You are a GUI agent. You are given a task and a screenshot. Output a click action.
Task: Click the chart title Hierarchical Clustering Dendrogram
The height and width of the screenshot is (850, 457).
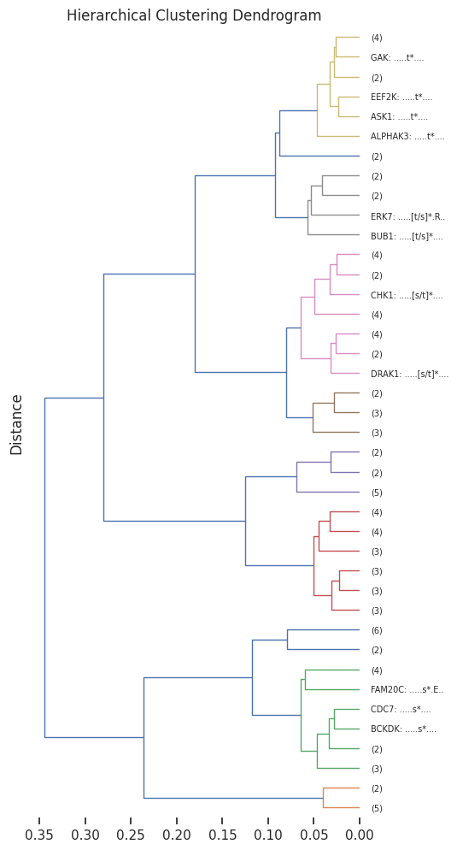194,15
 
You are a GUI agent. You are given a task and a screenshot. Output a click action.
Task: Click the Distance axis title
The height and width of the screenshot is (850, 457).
16,425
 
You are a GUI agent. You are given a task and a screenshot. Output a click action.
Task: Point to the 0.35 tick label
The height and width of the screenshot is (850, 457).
39,835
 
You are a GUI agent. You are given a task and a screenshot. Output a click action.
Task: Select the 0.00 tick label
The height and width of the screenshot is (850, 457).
360,835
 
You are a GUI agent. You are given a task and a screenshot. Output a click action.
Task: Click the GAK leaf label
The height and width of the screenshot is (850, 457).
397,57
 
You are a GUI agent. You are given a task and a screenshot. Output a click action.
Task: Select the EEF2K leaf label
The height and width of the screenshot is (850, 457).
401,97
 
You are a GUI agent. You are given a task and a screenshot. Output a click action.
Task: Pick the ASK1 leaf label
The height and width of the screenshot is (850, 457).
400,116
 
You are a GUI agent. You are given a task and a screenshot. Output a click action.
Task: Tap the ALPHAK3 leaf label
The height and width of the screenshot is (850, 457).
407,136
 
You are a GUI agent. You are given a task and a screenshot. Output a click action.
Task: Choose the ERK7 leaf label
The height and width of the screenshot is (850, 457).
407,216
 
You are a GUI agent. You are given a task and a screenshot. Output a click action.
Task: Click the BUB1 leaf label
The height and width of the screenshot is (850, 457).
407,236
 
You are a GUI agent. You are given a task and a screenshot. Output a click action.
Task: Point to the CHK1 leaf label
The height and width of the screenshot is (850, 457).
407,295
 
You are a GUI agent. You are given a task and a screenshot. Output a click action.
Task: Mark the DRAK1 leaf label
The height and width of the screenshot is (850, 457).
410,374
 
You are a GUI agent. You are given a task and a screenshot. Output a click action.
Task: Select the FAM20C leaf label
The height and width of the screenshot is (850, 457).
407,689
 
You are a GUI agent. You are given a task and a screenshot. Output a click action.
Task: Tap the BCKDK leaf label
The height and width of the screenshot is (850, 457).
403,729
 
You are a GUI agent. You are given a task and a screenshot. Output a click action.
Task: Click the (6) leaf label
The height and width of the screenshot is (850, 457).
377,630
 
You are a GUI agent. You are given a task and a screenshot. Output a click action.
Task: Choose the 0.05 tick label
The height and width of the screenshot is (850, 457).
314,835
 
